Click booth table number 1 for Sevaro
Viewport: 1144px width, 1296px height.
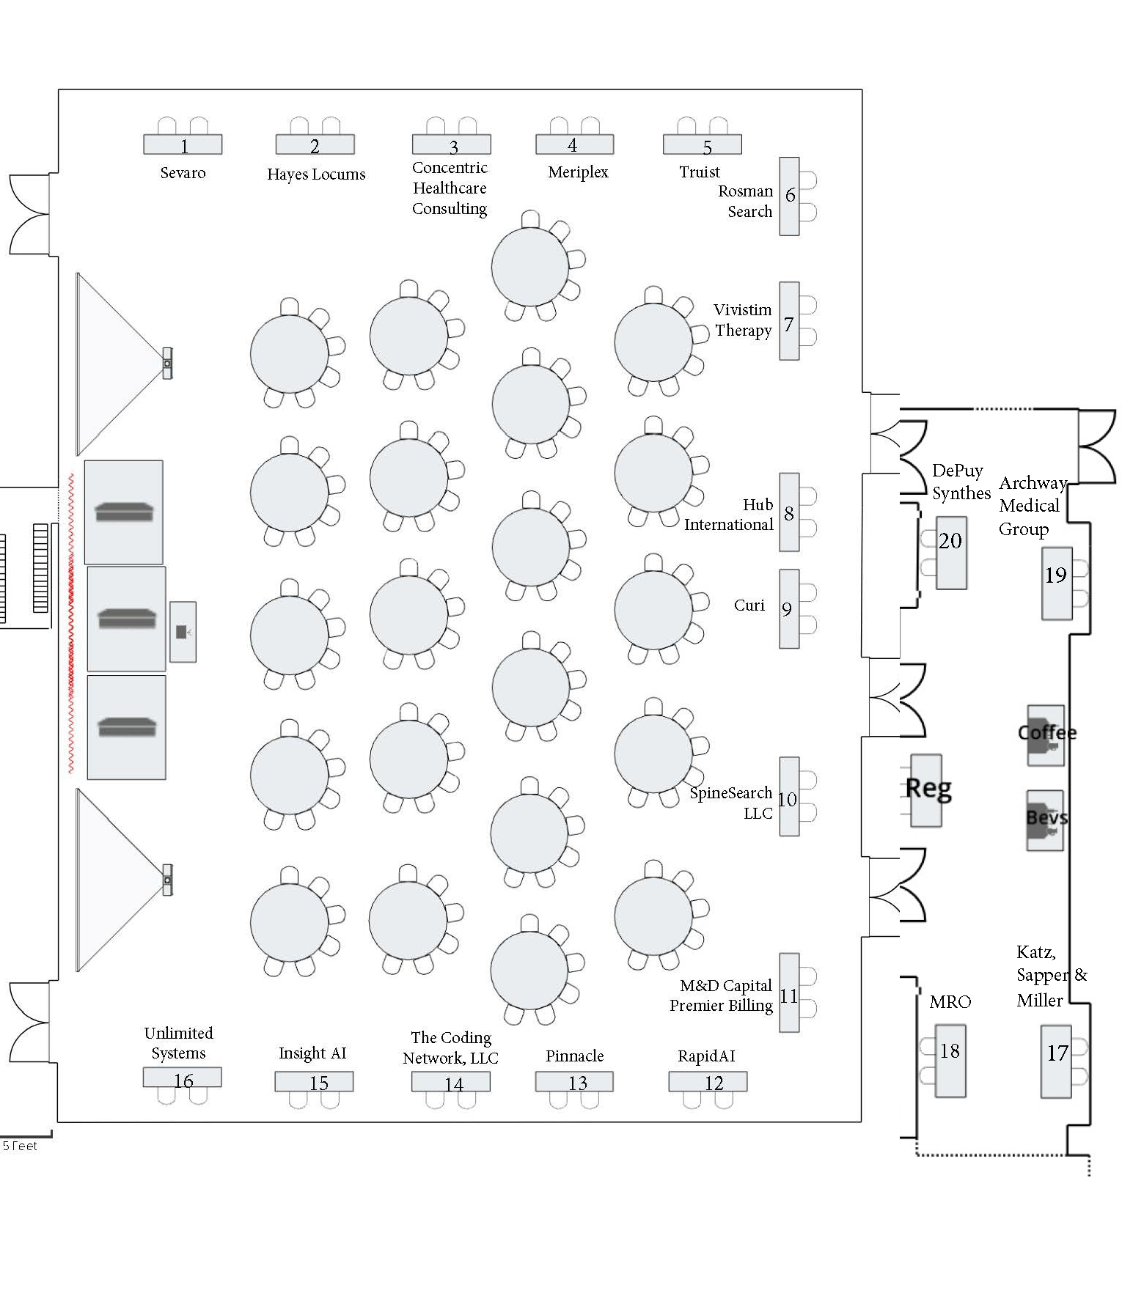pos(183,144)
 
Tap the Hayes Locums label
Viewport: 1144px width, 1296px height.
pos(316,174)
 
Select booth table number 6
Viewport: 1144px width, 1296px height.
pos(789,196)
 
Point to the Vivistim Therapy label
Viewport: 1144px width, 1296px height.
pos(743,320)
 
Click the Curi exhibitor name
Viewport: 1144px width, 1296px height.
pos(749,605)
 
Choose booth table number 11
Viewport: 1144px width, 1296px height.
pos(789,993)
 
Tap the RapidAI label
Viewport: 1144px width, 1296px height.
pos(706,1056)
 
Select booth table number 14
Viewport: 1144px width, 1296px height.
pos(451,1082)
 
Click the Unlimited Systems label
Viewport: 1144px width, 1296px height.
pos(178,1043)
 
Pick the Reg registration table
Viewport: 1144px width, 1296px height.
pos(927,790)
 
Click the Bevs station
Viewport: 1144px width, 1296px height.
pos(1045,820)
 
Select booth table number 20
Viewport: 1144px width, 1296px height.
pos(951,552)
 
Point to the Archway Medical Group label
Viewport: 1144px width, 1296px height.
pos(1030,506)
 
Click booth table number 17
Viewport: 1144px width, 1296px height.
pos(1057,1061)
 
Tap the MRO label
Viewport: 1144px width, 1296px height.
pos(950,1002)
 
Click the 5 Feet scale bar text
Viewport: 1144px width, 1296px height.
pos(20,1146)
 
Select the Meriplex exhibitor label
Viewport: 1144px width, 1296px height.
pos(578,172)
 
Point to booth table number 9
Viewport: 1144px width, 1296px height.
pos(789,608)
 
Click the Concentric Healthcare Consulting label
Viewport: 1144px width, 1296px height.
pos(450,188)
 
